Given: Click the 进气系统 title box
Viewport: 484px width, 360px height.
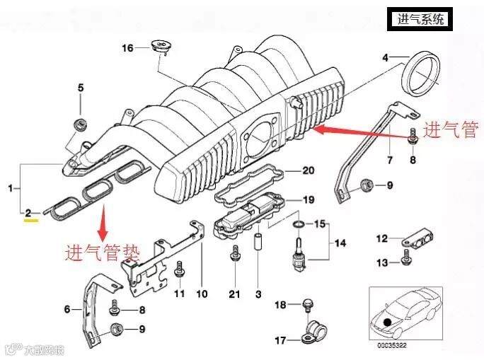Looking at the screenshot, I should (422, 19).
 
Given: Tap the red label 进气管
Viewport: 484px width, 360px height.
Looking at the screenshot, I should (451, 130).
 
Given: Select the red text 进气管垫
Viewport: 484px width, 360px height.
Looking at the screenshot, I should (103, 251).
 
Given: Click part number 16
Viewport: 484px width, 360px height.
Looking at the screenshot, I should (127, 48).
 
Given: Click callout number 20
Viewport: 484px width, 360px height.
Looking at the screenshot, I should (307, 170).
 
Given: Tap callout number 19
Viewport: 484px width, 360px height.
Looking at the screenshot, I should (307, 199).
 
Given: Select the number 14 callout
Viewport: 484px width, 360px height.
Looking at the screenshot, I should (340, 243).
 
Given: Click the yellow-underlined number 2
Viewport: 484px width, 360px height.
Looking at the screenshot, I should (28, 212).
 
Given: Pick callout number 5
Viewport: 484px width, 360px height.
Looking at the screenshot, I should (81, 88).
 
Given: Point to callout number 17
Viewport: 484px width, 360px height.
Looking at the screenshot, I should (281, 341).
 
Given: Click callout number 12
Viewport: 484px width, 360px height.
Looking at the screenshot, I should (381, 238).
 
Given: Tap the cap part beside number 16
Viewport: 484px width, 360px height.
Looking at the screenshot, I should (161, 47).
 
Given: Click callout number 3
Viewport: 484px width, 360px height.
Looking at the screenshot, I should (259, 294).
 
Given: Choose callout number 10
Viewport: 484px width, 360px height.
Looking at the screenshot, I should (202, 294).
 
